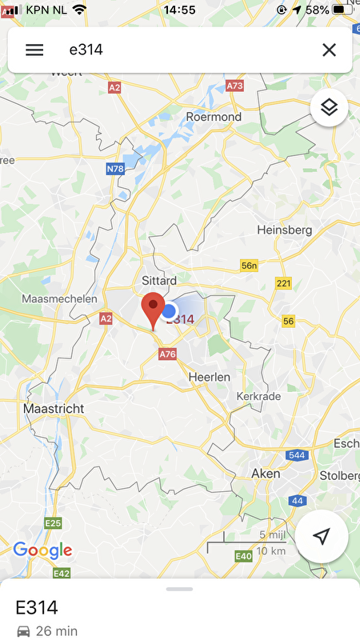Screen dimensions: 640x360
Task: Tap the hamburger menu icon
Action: click(34, 50)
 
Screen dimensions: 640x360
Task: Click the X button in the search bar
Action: click(329, 50)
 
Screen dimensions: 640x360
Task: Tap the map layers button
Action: click(329, 106)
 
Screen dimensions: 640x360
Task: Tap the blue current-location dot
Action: click(169, 310)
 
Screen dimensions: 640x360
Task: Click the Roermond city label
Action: click(213, 117)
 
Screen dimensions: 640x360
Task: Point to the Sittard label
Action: click(158, 281)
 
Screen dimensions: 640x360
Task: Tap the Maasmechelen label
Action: click(60, 298)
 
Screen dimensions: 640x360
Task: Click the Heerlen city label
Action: click(210, 376)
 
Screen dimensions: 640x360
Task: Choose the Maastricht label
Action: click(54, 408)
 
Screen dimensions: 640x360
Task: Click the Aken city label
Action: click(266, 474)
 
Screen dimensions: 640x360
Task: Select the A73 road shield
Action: click(234, 86)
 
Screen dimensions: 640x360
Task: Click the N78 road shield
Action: click(116, 169)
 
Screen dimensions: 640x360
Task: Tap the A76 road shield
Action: click(167, 354)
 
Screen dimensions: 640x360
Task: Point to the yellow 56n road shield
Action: click(250, 266)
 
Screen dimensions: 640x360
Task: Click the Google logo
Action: click(42, 550)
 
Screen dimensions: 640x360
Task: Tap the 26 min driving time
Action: click(55, 631)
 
